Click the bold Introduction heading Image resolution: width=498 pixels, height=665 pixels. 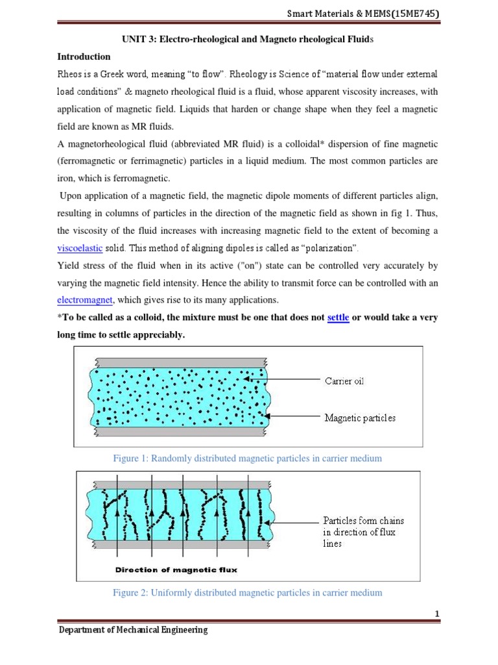click(x=85, y=56)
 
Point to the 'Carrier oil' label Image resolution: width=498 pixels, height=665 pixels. click(x=344, y=381)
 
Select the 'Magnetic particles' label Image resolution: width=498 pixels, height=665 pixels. click(x=360, y=418)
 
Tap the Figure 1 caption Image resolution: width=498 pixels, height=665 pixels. click(x=248, y=458)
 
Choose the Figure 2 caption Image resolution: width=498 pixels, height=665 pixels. click(x=248, y=592)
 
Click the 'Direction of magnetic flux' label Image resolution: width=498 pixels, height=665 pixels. click(x=176, y=570)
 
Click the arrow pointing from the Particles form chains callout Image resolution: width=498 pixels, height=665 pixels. click(x=294, y=520)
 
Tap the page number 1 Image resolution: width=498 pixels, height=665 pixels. click(x=437, y=614)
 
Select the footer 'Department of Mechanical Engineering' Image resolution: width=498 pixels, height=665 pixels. click(x=134, y=630)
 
